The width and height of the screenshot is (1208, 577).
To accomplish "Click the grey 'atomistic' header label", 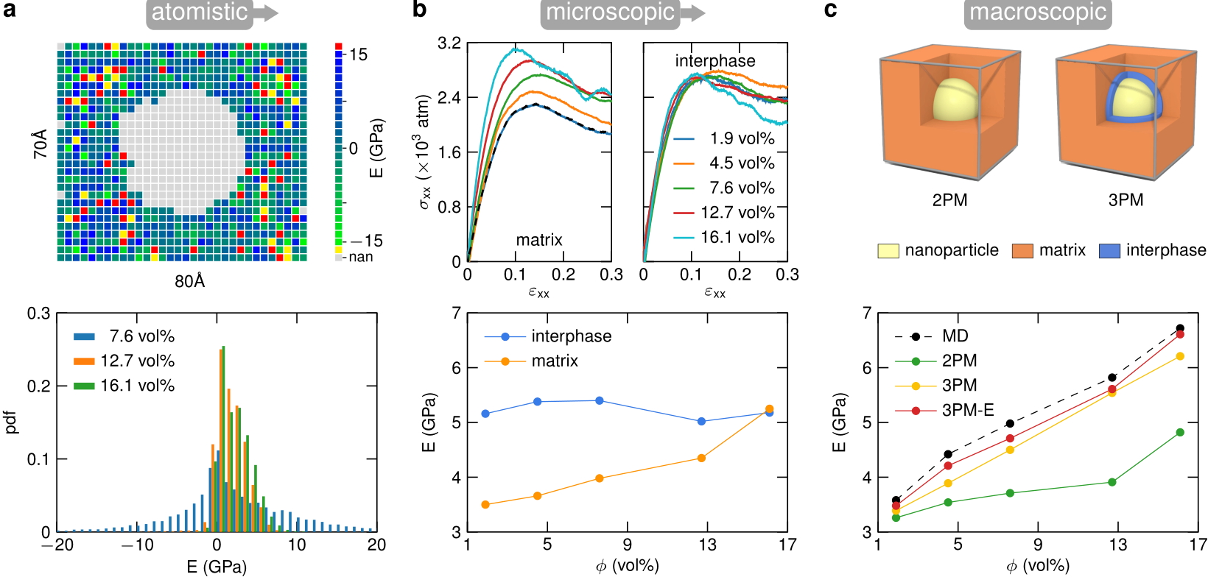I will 200,13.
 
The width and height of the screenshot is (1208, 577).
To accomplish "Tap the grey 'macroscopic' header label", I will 1037,13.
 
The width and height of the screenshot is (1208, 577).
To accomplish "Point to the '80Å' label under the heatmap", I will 190,281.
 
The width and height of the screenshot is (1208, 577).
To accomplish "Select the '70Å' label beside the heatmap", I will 41,144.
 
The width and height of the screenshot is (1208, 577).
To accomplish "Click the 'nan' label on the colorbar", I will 360,257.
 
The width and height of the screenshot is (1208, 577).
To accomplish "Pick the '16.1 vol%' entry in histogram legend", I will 138,386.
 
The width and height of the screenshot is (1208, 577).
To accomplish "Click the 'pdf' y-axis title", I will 11,422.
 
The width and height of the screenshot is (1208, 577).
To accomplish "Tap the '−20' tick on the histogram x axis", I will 57,545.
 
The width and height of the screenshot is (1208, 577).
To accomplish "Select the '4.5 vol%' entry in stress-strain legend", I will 742,163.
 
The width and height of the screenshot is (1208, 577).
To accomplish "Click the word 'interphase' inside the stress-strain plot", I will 715,61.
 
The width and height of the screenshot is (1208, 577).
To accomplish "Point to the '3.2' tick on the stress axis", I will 449,43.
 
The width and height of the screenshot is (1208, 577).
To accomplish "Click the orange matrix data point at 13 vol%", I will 701,459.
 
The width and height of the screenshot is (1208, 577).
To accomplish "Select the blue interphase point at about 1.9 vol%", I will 485,414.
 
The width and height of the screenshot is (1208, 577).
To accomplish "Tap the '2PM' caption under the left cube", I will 949,200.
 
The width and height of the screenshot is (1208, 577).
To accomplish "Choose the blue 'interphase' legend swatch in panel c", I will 1109,251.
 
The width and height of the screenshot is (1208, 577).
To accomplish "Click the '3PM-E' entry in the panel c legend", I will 968,410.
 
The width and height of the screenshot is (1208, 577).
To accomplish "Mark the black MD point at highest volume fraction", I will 1180,328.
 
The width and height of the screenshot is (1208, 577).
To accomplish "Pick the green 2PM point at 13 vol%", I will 1112,482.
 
